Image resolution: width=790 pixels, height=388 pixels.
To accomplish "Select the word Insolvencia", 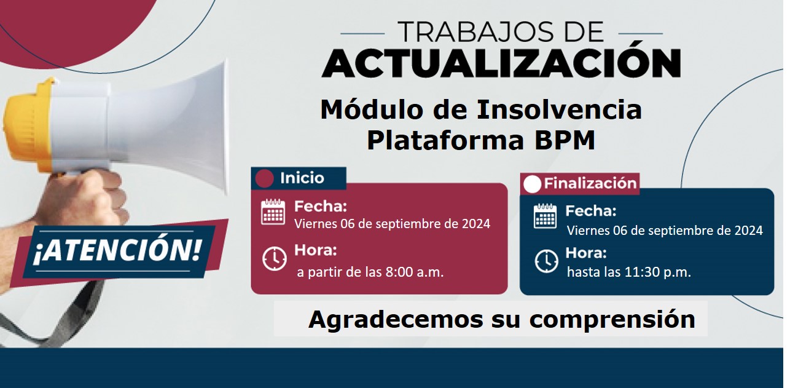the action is click(559, 110).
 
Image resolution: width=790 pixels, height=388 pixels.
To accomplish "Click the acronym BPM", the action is click(565, 140).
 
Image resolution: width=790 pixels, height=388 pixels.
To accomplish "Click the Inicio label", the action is click(302, 178).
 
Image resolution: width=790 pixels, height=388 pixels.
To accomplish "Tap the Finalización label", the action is click(590, 183).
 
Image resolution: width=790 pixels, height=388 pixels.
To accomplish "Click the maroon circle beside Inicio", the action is click(264, 178).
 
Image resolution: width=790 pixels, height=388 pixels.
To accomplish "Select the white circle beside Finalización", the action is click(532, 184).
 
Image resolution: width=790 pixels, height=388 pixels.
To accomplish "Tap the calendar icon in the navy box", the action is click(546, 216).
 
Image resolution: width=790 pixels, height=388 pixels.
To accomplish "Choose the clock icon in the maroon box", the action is click(275, 259).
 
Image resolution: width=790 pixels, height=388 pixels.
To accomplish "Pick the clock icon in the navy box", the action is click(546, 261).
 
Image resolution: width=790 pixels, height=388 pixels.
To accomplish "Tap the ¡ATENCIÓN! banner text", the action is click(117, 251).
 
